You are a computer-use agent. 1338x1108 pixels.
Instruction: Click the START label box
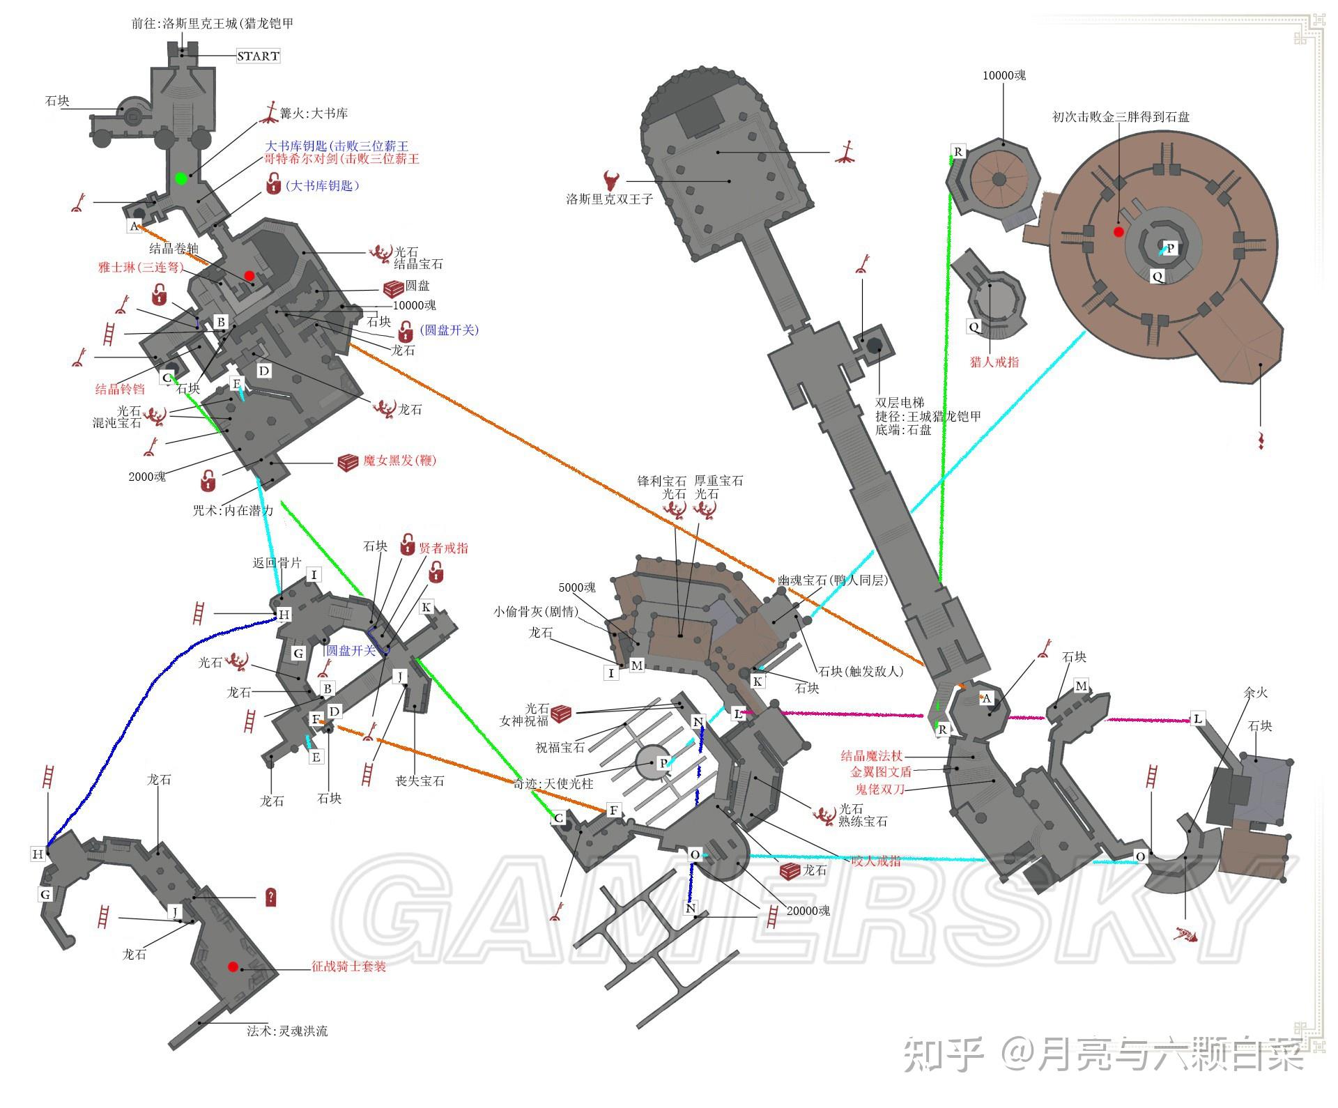[x=258, y=56]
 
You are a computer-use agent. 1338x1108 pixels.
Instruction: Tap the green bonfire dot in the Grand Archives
[x=181, y=178]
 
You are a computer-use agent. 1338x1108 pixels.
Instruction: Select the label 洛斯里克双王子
[x=609, y=199]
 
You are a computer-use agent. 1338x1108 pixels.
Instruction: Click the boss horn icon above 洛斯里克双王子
[x=613, y=180]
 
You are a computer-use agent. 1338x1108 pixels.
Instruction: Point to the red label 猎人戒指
[x=994, y=362]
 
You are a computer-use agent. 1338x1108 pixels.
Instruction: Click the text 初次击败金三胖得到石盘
[x=1121, y=117]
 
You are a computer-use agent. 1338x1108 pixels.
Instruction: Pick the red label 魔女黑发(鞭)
[x=400, y=461]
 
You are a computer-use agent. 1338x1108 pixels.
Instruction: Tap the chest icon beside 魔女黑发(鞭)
[x=348, y=461]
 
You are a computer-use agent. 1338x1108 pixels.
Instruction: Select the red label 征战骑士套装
[x=348, y=967]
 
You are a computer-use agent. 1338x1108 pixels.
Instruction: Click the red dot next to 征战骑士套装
[x=233, y=967]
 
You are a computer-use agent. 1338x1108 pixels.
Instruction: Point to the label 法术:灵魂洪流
[x=287, y=1031]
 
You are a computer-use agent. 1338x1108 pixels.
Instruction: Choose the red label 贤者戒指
[x=443, y=548]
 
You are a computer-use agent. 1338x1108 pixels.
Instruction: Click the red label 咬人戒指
[x=876, y=861]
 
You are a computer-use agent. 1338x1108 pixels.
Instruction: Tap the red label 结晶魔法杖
[x=871, y=755]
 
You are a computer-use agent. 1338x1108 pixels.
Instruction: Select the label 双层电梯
[x=900, y=403]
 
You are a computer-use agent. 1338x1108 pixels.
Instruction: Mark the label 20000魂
[x=808, y=911]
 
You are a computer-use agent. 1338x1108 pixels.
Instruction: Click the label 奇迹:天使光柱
[x=553, y=783]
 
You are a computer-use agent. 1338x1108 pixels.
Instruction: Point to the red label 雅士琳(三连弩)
[x=141, y=267]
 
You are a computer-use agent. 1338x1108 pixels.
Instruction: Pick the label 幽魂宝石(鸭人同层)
[x=833, y=580]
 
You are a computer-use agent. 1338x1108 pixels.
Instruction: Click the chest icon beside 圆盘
[x=394, y=289]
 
